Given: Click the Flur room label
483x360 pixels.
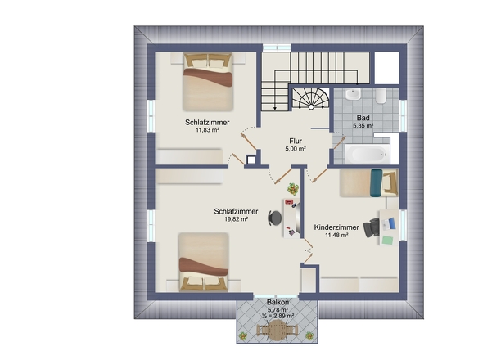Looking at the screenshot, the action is click(296, 141).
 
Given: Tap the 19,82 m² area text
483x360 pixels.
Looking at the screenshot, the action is click(237, 219).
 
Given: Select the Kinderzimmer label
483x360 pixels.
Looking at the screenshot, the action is click(336, 227).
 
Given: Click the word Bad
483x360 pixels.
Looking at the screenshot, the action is click(363, 118).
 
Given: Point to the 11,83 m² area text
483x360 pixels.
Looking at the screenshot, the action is click(207, 130).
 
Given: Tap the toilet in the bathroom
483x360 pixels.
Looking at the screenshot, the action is click(381, 96).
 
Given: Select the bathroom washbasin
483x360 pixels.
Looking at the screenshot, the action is click(353, 94).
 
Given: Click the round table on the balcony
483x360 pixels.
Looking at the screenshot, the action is click(278, 331).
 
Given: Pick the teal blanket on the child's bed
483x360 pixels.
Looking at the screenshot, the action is click(377, 183).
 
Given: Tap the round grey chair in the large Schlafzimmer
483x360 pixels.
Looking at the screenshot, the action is click(275, 218).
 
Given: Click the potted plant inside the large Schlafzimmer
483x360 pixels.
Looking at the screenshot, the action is click(293, 189).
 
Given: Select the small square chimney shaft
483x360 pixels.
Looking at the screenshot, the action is click(251, 160).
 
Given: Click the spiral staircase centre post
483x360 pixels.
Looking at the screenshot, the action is click(311, 107).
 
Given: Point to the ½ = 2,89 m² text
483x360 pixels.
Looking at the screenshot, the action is click(278, 316).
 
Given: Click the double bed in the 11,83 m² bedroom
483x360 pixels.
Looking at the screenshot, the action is click(207, 82).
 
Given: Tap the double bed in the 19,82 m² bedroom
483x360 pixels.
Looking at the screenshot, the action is click(204, 262).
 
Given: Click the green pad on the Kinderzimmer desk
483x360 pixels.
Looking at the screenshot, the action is click(388, 241).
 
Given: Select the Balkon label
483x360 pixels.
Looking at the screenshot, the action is click(278, 303).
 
